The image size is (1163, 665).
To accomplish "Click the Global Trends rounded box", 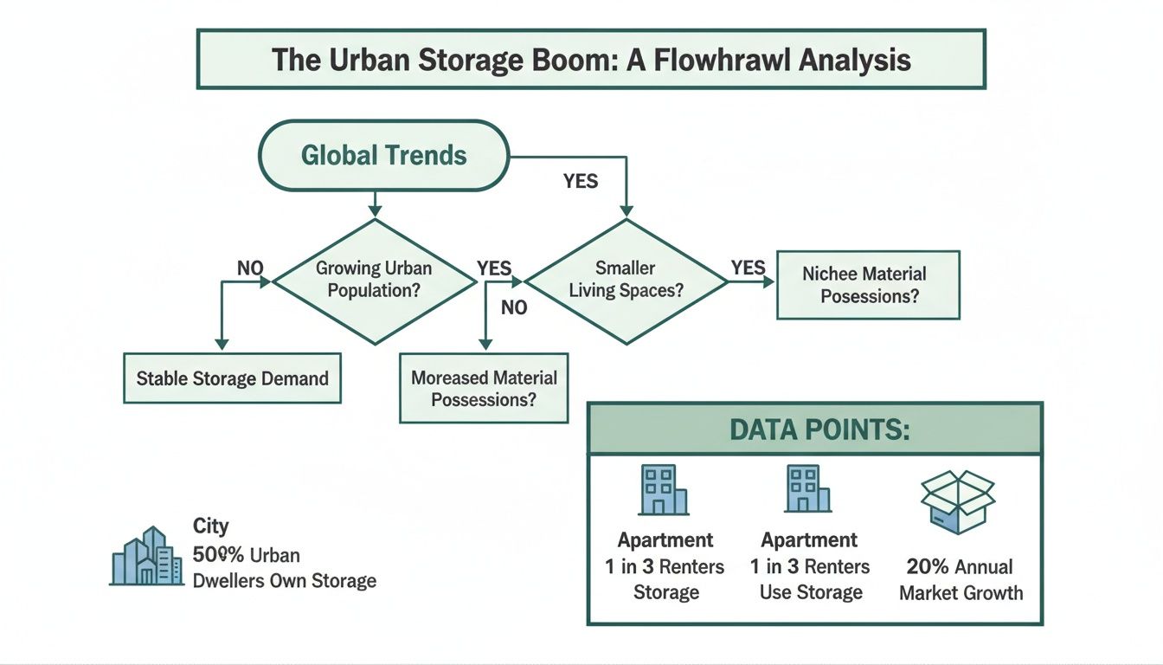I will (384, 156).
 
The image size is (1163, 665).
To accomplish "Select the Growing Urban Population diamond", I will (374, 280).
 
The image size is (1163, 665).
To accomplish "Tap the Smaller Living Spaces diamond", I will (626, 280).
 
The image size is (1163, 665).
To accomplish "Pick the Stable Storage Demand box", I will (232, 378).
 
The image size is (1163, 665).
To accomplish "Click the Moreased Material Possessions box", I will (484, 388).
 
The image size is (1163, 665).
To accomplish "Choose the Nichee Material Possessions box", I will (868, 285).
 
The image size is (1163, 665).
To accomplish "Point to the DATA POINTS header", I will (814, 429).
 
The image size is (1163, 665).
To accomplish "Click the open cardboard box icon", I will (958, 501).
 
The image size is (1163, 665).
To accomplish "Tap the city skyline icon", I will (148, 556).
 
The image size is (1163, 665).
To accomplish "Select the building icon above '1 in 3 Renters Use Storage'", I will (808, 489).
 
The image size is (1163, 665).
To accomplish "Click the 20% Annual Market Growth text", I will (961, 579).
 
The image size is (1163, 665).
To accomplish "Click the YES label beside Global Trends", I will (581, 182).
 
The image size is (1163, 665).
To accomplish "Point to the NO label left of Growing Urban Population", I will (250, 268).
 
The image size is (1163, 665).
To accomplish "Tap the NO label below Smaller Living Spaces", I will (514, 307).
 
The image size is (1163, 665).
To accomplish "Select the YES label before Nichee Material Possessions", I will (749, 267).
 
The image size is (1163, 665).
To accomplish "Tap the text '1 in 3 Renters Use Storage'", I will (811, 579).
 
